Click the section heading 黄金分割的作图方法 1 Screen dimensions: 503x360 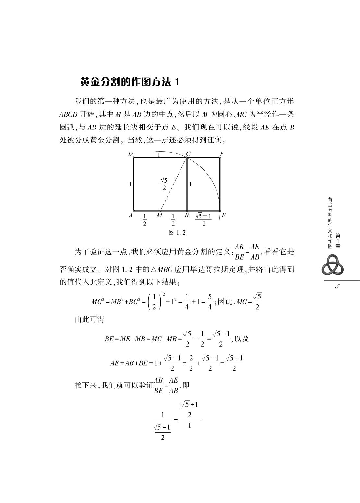coord(129,82)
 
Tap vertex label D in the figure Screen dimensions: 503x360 coord(130,154)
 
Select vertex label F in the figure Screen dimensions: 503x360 coord(222,154)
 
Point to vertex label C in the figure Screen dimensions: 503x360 coord(188,154)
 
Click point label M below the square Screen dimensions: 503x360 coord(159,215)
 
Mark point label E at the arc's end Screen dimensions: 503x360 coord(224,215)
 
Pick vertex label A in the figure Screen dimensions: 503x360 coord(130,215)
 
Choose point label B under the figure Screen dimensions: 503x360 coord(187,215)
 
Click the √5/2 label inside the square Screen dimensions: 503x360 coord(164,184)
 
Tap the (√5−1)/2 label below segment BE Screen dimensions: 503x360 coord(203,219)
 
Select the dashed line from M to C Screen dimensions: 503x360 coord(174,184)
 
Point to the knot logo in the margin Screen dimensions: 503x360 coord(332,264)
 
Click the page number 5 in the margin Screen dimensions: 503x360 coord(337,287)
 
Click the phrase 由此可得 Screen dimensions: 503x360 coord(90,319)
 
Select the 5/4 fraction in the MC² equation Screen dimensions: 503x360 coord(210,302)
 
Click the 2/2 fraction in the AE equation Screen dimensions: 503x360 coord(191,363)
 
